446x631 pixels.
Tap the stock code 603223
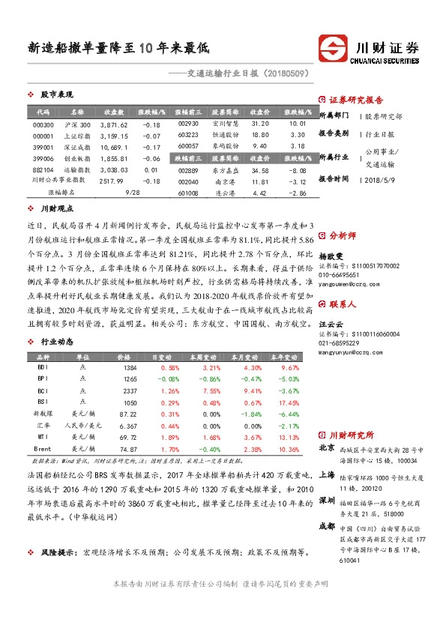(x=188, y=135)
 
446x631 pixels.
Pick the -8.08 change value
(x=298, y=170)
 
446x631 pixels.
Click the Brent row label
(x=43, y=447)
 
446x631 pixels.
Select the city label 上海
(x=327, y=474)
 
